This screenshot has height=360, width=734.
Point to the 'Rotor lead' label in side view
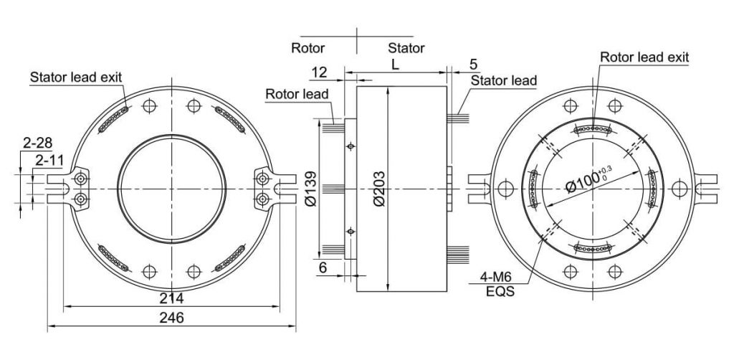297,94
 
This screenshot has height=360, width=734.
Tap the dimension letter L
396,65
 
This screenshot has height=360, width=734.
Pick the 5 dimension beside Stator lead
473,65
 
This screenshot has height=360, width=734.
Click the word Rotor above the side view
308,49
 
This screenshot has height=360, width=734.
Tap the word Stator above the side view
406,49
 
